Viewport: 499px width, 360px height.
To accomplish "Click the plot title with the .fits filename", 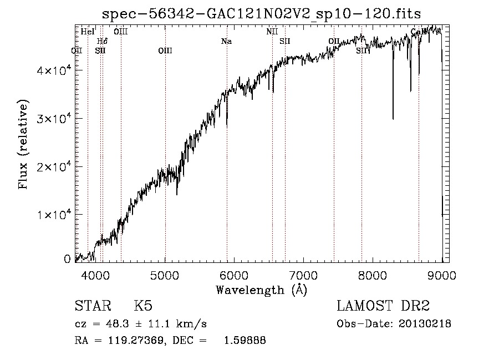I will pyautogui.click(x=261, y=13).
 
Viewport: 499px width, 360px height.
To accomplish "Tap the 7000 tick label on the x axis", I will pyautogui.click(x=304, y=275).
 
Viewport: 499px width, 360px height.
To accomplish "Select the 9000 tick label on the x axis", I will pyautogui.click(x=442, y=275).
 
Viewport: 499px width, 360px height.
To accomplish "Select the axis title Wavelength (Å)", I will pyautogui.click(x=261, y=290).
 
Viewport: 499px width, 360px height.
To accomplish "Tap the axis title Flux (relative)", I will pyautogui.click(x=24, y=145).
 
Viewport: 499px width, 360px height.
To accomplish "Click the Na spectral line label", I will pyautogui.click(x=226, y=41).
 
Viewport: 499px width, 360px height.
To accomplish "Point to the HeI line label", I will pyautogui.click(x=88, y=32).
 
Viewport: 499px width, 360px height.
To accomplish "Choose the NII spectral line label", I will pyautogui.click(x=272, y=32).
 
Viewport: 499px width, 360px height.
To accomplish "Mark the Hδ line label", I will pyautogui.click(x=102, y=41).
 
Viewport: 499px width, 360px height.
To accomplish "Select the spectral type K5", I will pyautogui.click(x=142, y=307).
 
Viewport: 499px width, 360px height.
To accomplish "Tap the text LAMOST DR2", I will pyautogui.click(x=383, y=307).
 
